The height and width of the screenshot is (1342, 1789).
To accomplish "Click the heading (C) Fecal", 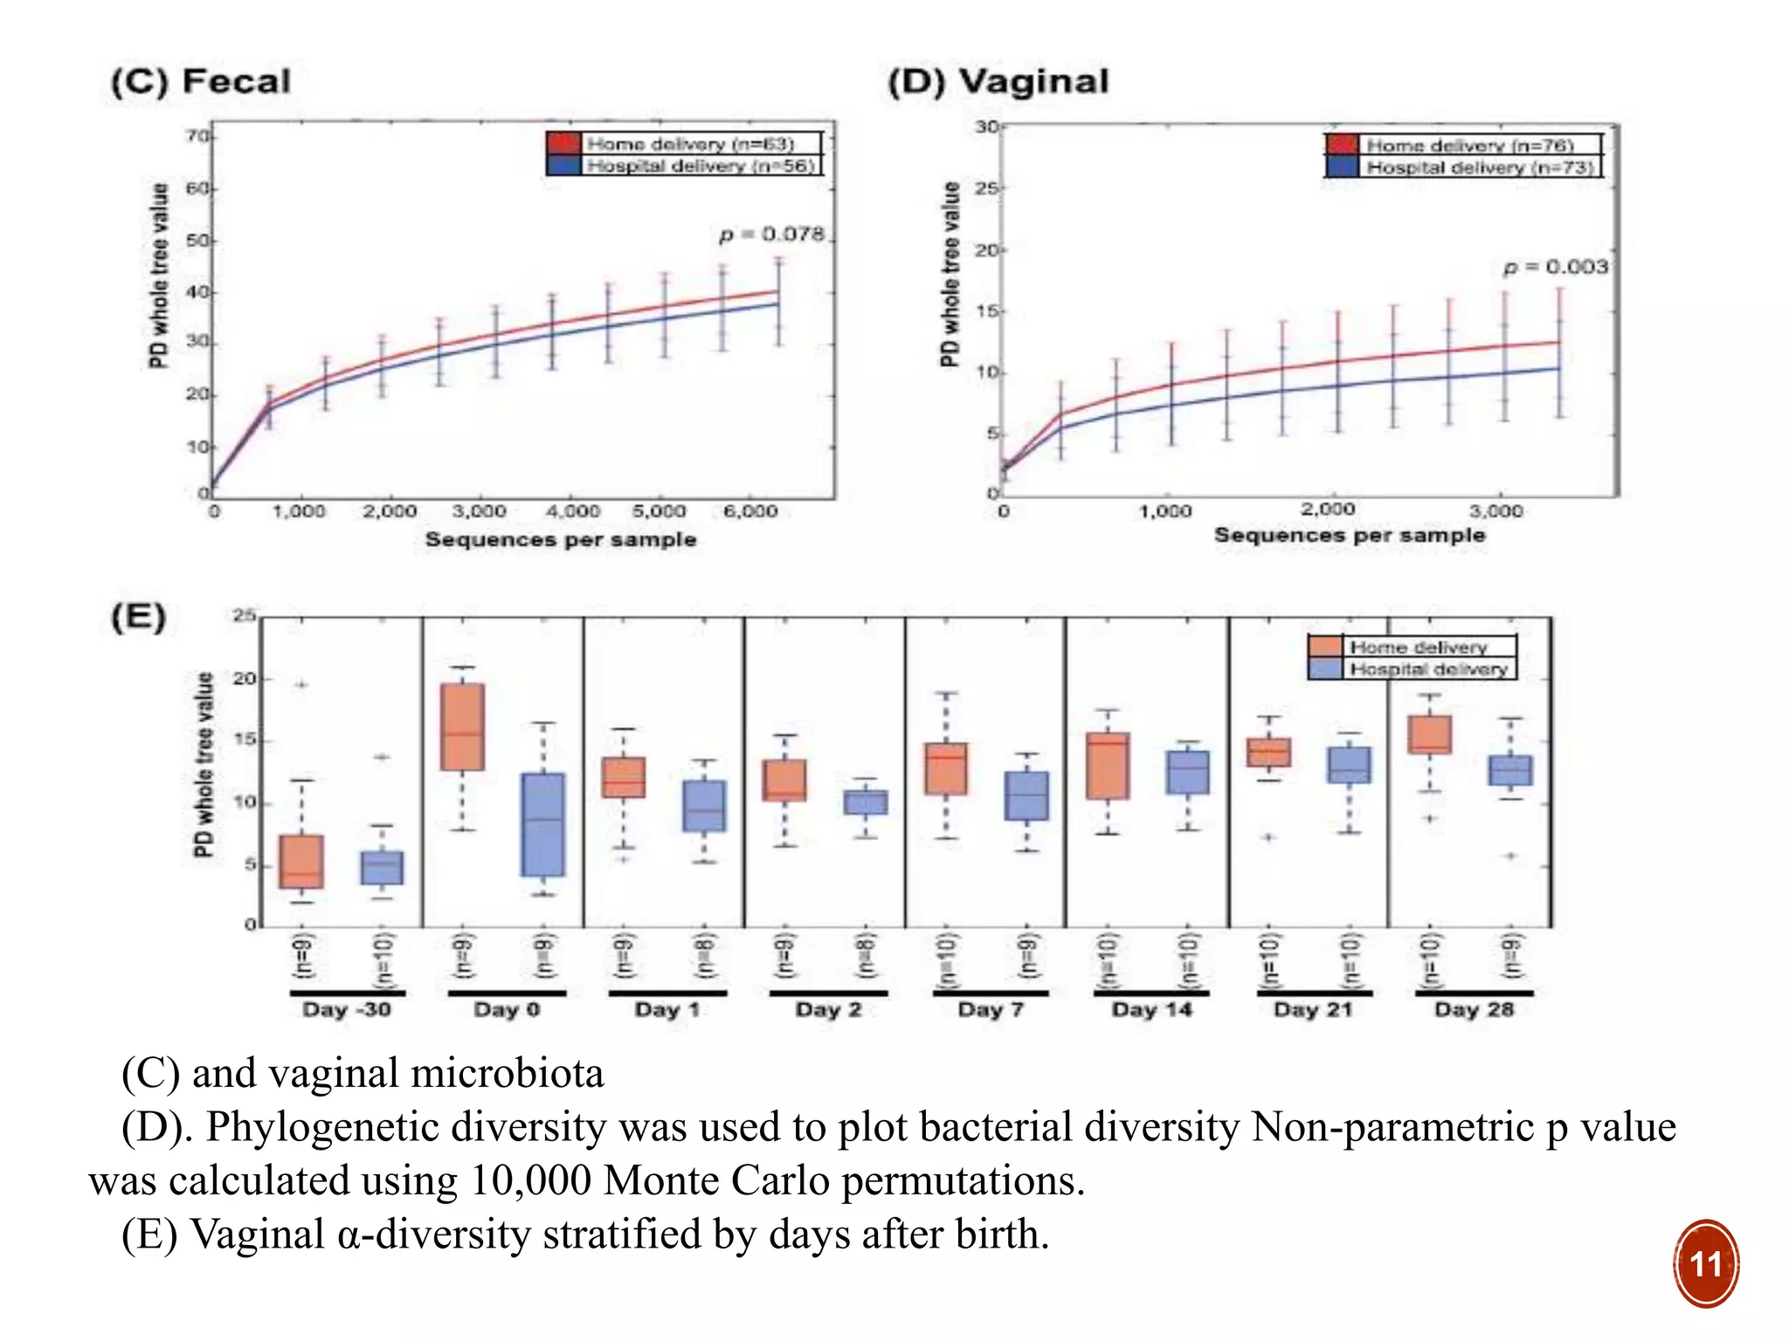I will point(201,81).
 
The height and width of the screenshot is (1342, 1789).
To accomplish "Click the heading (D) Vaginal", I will point(998,81).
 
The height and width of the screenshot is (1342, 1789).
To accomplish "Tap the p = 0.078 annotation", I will point(772,234).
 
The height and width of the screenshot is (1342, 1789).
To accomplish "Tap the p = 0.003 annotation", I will point(1555,266).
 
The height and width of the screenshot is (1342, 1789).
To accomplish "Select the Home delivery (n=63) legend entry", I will point(689,143).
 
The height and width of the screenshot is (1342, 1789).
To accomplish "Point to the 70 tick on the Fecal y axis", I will point(197,136).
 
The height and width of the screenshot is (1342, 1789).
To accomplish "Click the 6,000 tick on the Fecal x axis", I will point(750,511).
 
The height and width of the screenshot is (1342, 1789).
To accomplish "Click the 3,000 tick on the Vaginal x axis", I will point(1495,510).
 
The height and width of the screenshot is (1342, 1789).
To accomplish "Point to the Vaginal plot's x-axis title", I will point(1350,535).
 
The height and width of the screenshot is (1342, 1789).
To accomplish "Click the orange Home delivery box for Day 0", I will point(462,727).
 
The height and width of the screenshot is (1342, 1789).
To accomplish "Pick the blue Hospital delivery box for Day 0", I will point(542,824).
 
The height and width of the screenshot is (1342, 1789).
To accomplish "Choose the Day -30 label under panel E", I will point(347,1010).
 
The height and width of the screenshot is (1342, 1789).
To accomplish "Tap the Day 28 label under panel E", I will point(1474,1010).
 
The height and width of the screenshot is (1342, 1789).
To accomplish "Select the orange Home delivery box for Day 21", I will point(1269,752).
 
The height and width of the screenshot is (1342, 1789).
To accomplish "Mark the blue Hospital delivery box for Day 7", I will point(1026,795).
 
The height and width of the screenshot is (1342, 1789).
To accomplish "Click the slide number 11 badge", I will point(1705,1263).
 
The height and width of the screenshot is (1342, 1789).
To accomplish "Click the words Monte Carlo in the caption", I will point(716,1180).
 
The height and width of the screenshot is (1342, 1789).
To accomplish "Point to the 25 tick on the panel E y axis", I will point(244,616).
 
